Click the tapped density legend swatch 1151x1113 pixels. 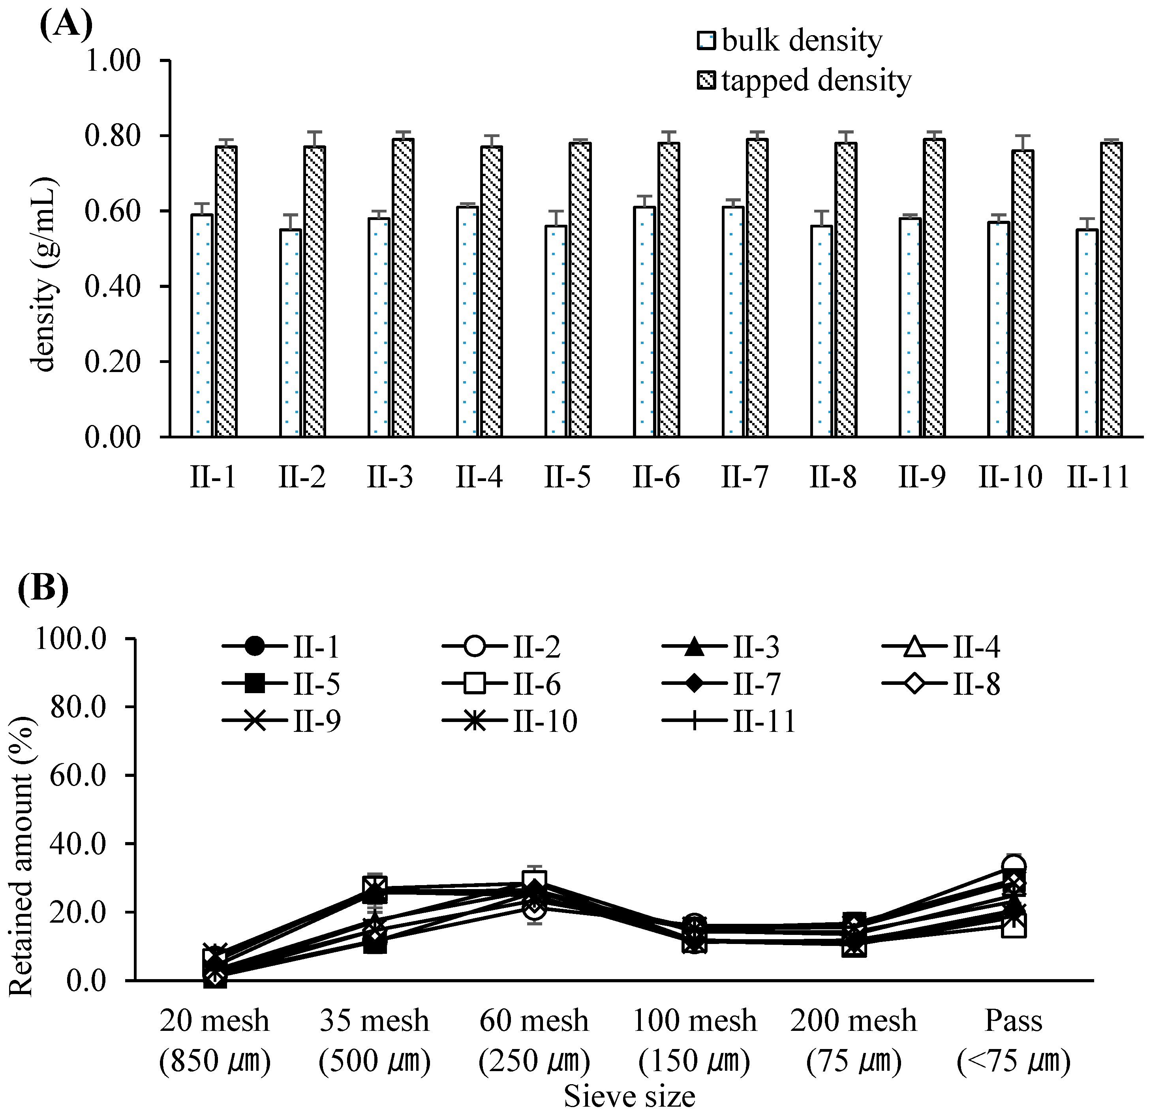click(706, 81)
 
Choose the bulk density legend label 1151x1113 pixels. click(802, 41)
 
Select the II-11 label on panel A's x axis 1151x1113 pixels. click(1098, 477)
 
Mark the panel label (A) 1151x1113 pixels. click(66, 24)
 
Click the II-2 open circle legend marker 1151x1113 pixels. click(474, 648)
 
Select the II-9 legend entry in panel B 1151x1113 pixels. click(282, 721)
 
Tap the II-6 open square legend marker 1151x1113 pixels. click(474, 684)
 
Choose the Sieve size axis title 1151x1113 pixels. click(629, 1096)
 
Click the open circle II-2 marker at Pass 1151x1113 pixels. click(1014, 866)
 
